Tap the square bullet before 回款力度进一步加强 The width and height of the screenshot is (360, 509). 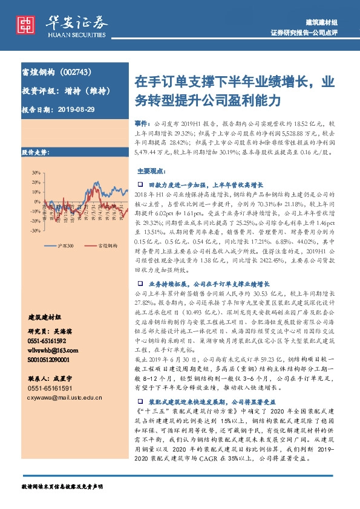(140, 183)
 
